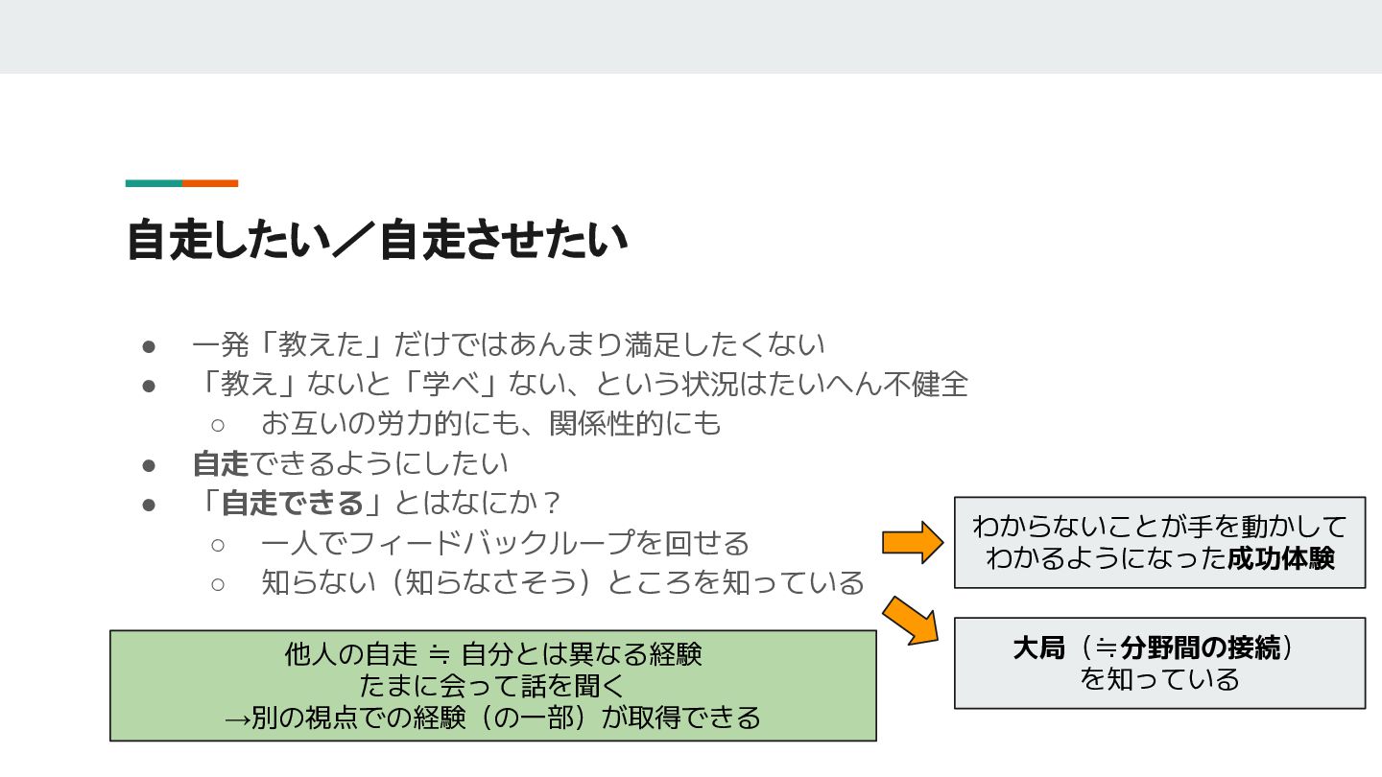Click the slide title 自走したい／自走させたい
[x=377, y=241]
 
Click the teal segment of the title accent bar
[x=154, y=183]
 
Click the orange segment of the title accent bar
[x=210, y=183]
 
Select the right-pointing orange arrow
[x=913, y=543]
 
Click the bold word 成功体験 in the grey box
[x=1281, y=558]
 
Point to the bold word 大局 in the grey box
[x=1039, y=648]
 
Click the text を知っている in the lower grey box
[x=1159, y=680]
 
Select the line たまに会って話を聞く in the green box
[x=492, y=686]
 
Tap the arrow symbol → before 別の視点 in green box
[x=237, y=718]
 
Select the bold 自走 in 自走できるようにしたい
[x=221, y=463]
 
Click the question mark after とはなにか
[x=551, y=503]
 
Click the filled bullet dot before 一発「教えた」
[x=149, y=344]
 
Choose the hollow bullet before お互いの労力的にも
[x=218, y=424]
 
